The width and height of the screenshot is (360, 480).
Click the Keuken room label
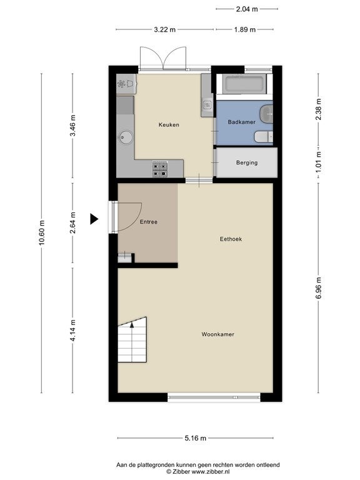[169, 125]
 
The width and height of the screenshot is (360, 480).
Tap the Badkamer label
[241, 122]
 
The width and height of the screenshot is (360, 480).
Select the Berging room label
[247, 163]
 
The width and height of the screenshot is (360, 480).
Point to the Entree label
[149, 222]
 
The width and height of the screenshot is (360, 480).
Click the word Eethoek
[231, 239]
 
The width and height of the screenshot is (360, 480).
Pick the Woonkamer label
[218, 334]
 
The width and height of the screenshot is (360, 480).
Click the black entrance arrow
[94, 219]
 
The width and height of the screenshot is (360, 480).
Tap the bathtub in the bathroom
[244, 84]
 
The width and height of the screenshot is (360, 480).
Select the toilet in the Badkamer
[264, 136]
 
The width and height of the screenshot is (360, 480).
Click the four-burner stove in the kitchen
[160, 169]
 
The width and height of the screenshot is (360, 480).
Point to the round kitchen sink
[126, 137]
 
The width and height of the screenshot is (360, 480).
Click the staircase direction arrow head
[132, 325]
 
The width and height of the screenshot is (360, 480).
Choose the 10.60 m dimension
[42, 232]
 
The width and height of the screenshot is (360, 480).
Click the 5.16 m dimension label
[195, 438]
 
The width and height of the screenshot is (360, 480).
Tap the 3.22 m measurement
[165, 30]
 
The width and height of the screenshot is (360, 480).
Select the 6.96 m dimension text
[318, 287]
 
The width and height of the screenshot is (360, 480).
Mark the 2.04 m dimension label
[247, 9]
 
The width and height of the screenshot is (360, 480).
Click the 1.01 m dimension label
[318, 162]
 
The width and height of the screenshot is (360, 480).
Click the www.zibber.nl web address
[211, 472]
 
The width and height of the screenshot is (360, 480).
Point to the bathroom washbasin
[266, 114]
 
